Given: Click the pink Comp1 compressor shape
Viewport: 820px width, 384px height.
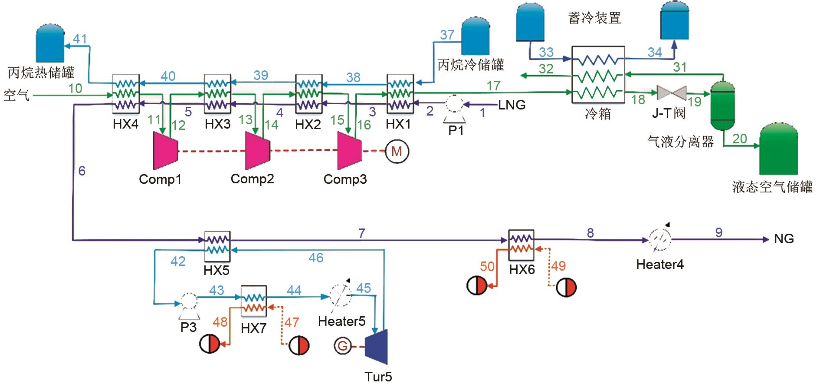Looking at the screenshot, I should point(165,150).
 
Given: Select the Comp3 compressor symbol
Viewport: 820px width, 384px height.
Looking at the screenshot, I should point(350,150).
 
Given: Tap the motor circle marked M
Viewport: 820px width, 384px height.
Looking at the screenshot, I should point(397,152).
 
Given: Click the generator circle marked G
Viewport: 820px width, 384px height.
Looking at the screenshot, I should point(342,346).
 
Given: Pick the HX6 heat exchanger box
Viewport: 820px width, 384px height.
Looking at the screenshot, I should point(521,245).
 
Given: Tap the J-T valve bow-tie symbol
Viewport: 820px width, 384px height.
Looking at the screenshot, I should point(672,93).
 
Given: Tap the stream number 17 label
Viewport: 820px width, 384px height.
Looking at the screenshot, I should point(493,86).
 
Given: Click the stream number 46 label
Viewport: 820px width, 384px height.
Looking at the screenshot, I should point(316,258).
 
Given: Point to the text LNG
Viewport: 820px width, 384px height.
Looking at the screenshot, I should point(512,105).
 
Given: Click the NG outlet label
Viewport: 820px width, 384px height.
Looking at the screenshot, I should point(784,238).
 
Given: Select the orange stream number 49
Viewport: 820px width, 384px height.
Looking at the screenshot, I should point(558,265).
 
